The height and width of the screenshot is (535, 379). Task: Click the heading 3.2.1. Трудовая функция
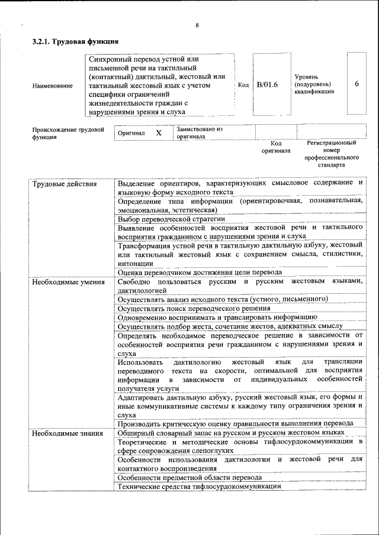[75, 42]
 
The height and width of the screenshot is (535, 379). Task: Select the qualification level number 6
[356, 84]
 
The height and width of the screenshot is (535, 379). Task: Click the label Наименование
[53, 86]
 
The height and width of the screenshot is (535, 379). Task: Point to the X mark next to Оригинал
[159, 133]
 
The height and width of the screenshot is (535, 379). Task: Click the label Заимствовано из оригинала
[199, 132]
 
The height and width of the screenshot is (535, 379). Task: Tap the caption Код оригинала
[276, 147]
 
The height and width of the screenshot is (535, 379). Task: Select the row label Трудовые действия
[64, 183]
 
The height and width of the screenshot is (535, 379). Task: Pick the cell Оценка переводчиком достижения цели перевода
[199, 273]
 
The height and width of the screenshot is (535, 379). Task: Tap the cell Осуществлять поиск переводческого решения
[194, 308]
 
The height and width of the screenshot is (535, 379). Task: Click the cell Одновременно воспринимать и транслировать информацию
[217, 317]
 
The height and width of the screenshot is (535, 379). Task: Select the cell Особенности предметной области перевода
[189, 477]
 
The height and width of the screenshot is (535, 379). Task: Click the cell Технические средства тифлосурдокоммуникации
[199, 486]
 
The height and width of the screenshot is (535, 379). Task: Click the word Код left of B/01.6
[243, 85]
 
